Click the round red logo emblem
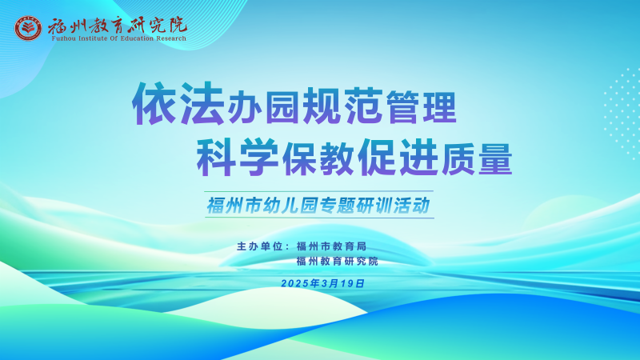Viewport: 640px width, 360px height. pos(28,29)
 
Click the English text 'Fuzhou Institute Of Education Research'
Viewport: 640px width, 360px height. pos(118,38)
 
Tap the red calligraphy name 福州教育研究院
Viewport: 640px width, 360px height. pos(118,26)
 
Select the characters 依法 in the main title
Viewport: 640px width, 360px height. pos(178,103)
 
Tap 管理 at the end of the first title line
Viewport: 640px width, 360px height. pos(422,107)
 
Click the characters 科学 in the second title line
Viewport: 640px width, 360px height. pos(237,157)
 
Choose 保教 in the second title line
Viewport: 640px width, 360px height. pos(318,159)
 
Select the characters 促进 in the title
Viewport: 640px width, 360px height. pos(398,157)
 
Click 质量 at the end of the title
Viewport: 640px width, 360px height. pos(477,159)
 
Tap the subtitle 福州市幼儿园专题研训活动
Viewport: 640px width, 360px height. pos(318,205)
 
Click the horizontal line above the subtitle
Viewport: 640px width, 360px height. pos(318,191)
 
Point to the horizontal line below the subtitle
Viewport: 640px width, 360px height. pos(319,218)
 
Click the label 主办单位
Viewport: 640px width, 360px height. pos(259,246)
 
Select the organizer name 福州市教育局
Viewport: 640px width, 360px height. pos(331,246)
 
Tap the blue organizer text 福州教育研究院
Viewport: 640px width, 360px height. pos(338,262)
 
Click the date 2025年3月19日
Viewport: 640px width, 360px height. pos(323,283)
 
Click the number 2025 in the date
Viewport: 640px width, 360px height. pos(294,284)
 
